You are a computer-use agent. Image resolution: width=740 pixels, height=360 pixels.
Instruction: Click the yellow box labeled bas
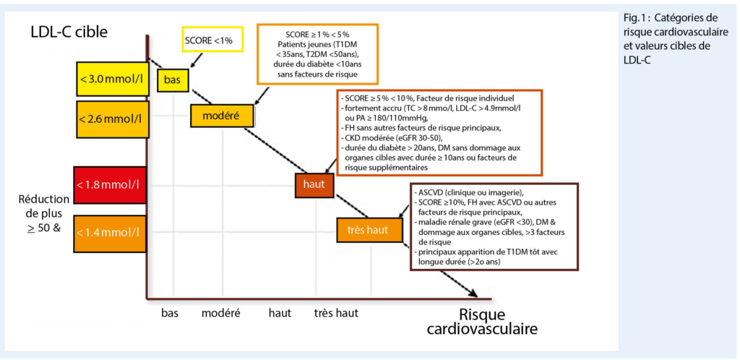click(x=173, y=79)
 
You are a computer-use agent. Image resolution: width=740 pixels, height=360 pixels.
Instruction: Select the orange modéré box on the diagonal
click(x=223, y=116)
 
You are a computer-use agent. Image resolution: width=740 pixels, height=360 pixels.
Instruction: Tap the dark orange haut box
click(x=314, y=185)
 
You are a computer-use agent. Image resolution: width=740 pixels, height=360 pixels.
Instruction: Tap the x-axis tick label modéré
click(x=221, y=313)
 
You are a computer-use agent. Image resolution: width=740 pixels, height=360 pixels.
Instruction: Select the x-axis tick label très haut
click(x=336, y=313)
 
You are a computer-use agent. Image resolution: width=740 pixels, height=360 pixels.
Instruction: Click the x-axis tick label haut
click(x=280, y=313)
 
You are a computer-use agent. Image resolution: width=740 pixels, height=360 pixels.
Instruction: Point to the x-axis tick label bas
click(x=170, y=313)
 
